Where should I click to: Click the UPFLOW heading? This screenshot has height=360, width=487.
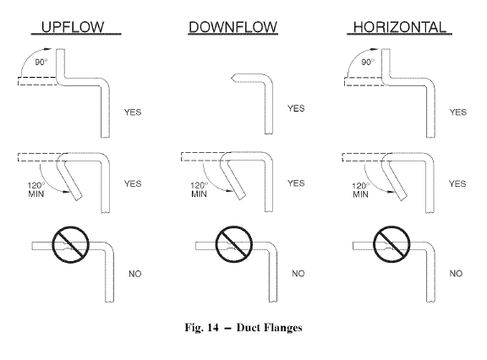pos(73,27)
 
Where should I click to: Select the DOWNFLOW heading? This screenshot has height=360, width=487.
pos(233,27)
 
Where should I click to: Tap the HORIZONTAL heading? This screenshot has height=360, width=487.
pos(400,27)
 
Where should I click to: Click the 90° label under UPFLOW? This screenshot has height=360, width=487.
pos(41,62)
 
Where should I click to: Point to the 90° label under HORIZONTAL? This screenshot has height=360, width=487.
pos(368,62)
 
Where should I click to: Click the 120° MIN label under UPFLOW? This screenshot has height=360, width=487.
pos(36,190)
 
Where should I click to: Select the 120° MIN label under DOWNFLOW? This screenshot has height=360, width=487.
pos(199,190)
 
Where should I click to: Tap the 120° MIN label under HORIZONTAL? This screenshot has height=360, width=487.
pos(360,190)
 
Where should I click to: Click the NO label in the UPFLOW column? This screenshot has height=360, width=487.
pos(135,274)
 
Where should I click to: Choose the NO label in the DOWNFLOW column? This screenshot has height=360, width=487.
pos(298,274)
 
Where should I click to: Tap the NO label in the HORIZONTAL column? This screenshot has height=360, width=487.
pos(456,274)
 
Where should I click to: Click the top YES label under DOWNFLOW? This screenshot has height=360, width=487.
pos(296,108)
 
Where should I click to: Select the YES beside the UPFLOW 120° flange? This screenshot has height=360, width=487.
pos(133,183)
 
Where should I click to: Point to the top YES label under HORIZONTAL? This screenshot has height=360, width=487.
pos(458,112)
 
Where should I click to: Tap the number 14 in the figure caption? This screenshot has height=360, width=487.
pos(213,327)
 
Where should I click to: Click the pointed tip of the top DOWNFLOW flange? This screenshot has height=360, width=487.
pos(232,79)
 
